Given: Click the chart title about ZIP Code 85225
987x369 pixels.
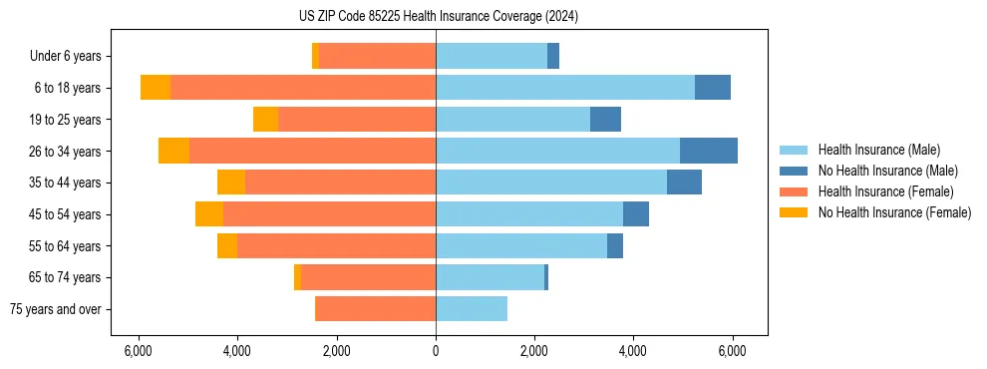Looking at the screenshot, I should click(438, 16).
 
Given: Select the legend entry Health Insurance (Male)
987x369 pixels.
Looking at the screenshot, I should click(878, 150).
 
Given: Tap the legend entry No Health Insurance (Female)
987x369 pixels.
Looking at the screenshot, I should click(894, 212).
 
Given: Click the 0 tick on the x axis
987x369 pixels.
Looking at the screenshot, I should click(436, 351).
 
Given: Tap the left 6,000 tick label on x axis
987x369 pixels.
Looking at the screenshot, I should click(138, 351).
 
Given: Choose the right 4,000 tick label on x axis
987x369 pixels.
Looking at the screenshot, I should click(634, 351).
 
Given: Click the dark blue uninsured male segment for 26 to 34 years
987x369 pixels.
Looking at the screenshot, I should click(709, 151).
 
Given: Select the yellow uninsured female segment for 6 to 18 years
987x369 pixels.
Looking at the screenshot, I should click(156, 88).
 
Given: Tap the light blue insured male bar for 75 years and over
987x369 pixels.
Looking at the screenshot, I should click(472, 309).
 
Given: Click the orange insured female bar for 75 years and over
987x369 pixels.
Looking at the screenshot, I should click(375, 309).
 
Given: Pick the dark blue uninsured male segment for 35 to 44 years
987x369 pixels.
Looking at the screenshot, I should click(684, 183).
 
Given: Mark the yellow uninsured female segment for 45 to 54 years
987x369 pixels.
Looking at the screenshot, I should click(209, 214).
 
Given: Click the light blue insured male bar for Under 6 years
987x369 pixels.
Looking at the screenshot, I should click(492, 57).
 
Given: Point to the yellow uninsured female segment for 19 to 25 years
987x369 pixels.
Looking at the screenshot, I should click(265, 120).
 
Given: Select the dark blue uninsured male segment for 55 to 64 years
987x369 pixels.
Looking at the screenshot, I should click(615, 245).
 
